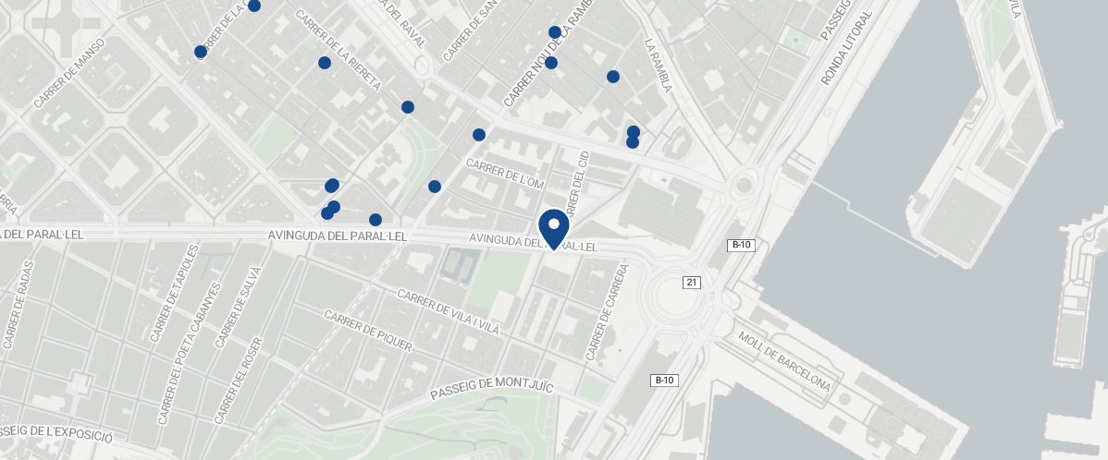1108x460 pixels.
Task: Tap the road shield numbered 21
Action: [691, 282]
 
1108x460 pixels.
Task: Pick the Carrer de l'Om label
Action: [505, 174]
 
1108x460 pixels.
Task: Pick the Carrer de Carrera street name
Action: [607, 312]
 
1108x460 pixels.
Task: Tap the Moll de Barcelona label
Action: [784, 359]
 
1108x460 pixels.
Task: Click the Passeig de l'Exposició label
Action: [55, 434]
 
